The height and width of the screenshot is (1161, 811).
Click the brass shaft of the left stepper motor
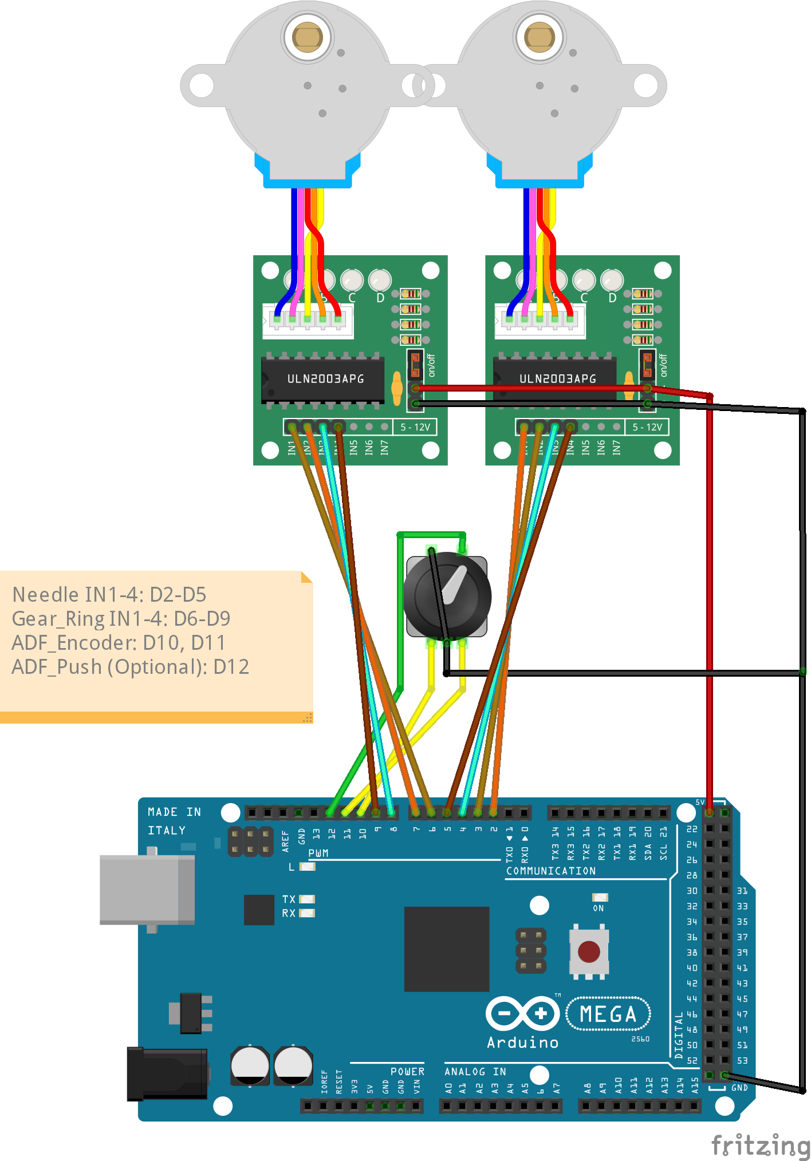point(308,37)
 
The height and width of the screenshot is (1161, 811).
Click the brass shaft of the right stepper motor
point(540,37)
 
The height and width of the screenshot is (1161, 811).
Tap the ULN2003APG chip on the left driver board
point(324,378)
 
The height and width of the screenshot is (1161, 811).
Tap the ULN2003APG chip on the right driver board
point(556,378)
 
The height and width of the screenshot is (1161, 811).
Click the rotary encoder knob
point(447,595)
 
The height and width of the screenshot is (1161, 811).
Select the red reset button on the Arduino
point(589,952)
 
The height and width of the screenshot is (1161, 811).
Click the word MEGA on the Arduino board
point(608,1014)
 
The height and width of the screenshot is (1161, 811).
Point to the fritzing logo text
point(760,1146)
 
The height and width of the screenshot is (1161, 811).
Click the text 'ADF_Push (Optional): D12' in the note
point(130,667)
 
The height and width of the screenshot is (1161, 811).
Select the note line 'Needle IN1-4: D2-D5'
point(109,595)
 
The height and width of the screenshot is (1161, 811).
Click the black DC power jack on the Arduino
point(167,1074)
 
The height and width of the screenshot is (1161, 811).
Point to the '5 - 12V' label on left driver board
point(415,427)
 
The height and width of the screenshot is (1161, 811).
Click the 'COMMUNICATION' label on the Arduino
point(550,871)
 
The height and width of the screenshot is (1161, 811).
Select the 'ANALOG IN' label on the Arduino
point(475,1072)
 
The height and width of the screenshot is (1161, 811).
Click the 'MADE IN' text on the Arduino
point(174,812)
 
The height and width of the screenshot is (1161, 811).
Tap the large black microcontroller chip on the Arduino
point(447,949)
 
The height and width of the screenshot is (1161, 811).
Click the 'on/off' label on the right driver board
point(663,365)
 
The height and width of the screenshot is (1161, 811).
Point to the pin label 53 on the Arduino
point(742,1060)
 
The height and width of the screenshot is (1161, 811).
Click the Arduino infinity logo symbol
point(522,1014)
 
